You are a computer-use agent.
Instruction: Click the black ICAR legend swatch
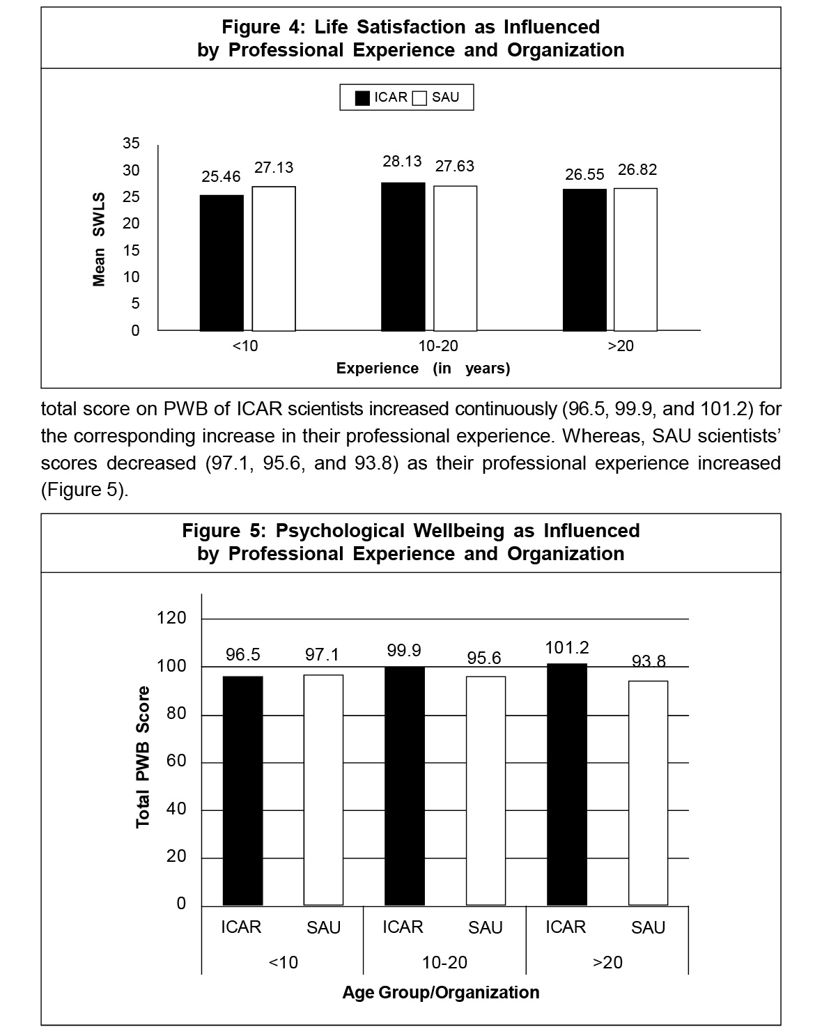362,98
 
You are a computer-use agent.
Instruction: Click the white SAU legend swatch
419,98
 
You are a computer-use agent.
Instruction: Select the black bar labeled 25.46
222,263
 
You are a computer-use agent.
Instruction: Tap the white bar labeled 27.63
456,258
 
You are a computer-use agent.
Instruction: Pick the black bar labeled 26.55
584,259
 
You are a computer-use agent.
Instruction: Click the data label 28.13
402,161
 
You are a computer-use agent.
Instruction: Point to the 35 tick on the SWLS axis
131,144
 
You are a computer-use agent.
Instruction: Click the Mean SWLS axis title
99,240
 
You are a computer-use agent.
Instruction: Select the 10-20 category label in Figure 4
438,346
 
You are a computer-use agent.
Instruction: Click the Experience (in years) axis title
423,369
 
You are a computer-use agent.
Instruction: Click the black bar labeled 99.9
405,786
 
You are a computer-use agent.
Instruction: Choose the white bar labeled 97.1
323,789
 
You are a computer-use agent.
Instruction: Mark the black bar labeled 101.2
567,784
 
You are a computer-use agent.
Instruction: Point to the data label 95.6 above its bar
484,658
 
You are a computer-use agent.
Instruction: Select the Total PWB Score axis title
143,757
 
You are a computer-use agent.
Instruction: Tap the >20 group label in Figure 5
607,962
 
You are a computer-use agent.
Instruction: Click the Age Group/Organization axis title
440,992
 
